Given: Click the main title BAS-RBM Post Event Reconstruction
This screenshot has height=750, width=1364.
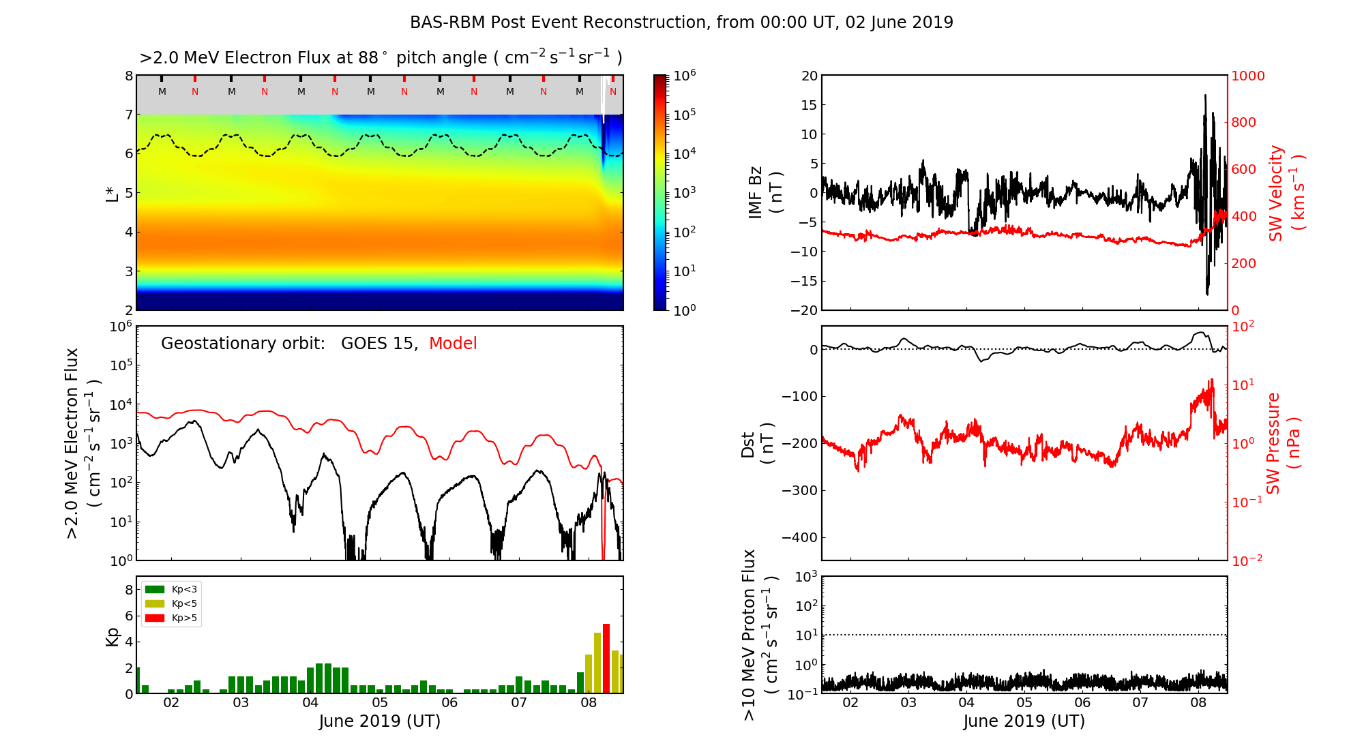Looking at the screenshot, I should pos(681,22).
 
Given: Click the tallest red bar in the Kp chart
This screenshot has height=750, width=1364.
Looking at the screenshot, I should pos(606,658).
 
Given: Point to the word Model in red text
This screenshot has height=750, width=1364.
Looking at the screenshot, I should pos(453,344).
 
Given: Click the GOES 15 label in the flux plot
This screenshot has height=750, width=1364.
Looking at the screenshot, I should pos(379,344).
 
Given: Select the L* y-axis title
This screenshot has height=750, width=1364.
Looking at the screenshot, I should pos(113,193).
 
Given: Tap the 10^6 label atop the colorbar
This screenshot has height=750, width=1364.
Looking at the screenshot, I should pos(684,75).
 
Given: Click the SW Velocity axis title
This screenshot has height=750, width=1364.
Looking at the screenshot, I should pos(1276,193).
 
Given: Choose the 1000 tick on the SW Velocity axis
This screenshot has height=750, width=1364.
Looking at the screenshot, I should pos(1247,76).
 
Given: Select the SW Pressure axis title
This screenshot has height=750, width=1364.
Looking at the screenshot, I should pos(1274,443).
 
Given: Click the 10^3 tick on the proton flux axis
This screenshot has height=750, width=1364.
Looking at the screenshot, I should pos(806,577).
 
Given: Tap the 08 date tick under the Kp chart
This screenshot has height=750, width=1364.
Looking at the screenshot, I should pos(589,703).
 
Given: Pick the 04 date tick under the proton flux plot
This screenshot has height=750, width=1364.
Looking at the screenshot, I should pos(966,703).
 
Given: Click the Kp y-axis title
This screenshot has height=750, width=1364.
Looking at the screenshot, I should pos(113,636).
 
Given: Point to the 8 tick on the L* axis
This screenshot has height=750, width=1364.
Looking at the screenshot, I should pos(128,76).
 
